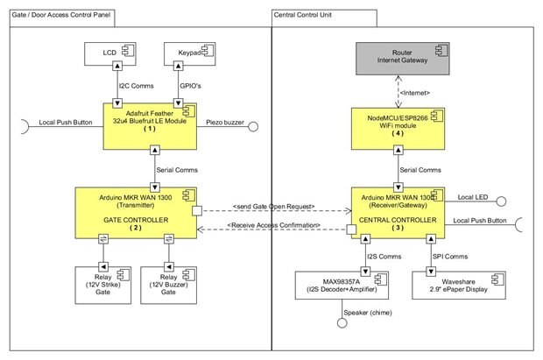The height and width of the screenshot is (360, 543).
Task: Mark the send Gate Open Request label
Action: coord(275,206)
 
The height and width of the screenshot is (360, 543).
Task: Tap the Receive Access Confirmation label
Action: coord(275,226)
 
